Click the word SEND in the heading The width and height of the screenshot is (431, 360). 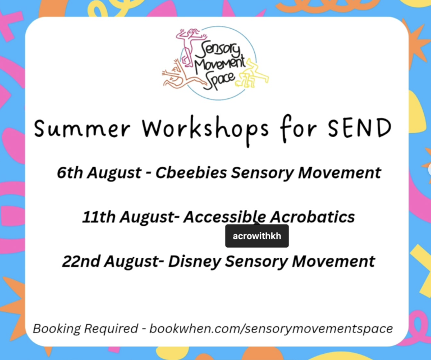tap(360, 128)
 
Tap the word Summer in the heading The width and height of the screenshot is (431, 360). tap(82, 129)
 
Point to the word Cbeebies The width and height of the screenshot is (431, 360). tap(191, 172)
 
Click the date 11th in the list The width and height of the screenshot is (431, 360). tap(99, 217)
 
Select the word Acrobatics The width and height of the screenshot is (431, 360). tap(312, 217)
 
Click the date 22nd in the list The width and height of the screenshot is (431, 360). tap(81, 261)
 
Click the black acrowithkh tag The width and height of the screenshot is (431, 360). tap(257, 236)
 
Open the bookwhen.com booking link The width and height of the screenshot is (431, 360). tap(271, 329)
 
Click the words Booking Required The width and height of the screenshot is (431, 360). tap(85, 329)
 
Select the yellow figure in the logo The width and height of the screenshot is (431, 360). tap(253, 74)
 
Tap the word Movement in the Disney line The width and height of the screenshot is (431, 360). tap(333, 261)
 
